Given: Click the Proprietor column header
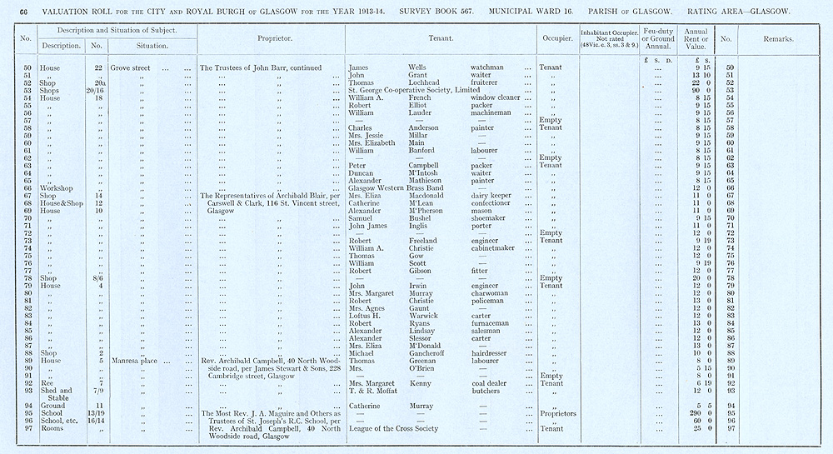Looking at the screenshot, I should click(272, 39).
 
